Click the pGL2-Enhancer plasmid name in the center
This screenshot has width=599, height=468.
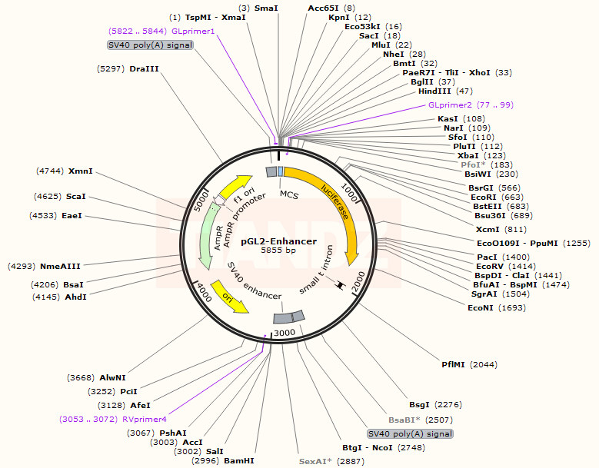tap(278, 241)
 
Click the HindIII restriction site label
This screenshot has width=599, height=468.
tap(434, 91)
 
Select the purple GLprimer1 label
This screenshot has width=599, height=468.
tap(193, 32)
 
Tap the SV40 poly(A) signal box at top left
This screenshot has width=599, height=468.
tap(150, 45)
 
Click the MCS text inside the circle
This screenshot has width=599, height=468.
tap(288, 194)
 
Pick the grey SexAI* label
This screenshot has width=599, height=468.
tap(314, 461)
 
